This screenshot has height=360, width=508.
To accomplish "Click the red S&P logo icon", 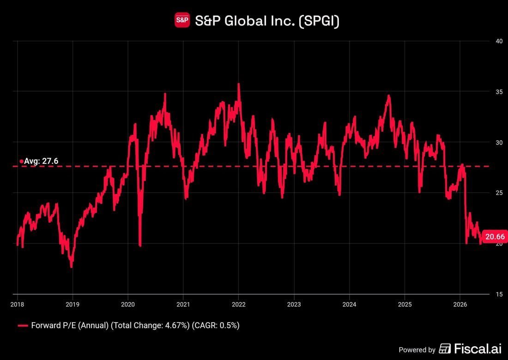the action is (182, 20).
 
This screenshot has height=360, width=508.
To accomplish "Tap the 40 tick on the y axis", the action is (499, 41).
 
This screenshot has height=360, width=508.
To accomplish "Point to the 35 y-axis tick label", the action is (499, 92).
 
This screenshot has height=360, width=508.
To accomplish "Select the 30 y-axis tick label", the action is (499, 143).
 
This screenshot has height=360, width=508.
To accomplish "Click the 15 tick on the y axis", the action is (499, 294).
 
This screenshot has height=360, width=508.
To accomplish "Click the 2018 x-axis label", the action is (17, 304).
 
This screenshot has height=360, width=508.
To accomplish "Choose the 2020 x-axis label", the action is (128, 304).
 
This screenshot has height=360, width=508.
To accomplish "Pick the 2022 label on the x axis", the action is (239, 304).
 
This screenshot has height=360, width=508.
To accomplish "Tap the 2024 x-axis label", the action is (349, 304).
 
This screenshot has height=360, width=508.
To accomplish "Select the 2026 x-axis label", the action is (460, 304).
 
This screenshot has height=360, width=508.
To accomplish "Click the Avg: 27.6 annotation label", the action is (41, 161).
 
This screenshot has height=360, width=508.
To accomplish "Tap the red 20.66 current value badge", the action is (495, 237).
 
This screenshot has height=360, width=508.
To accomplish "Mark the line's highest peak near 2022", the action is (239, 84).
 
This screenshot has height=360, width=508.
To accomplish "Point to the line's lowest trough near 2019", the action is (71, 267).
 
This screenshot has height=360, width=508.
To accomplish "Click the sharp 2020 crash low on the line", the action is (140, 246).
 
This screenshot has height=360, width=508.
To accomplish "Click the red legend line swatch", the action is (23, 326).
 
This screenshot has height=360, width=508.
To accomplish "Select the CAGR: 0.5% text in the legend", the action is (216, 325).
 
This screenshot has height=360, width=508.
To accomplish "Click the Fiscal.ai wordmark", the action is (478, 348).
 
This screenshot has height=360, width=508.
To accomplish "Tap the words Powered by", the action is (417, 350).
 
